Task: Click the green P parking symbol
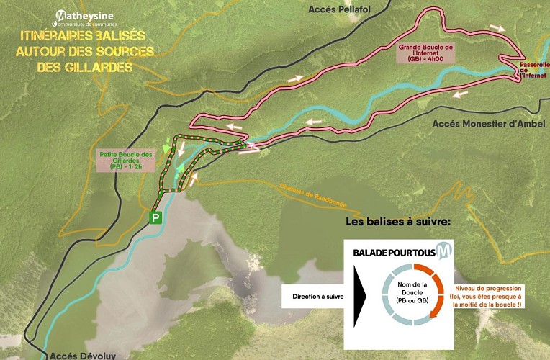[155, 217]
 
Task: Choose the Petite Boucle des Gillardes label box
[126, 160]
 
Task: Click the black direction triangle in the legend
[359, 295]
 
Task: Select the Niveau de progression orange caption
[487, 296]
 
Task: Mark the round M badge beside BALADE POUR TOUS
[446, 253]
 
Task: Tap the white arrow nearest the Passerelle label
[497, 27]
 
